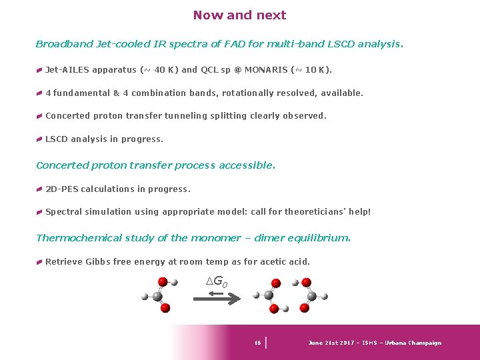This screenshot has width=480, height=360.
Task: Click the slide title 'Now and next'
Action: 239,15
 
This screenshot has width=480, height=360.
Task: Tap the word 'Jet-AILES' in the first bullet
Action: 69,70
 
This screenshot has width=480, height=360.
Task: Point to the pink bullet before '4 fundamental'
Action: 40,93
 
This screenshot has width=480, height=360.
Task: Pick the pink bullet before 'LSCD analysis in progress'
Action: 40,139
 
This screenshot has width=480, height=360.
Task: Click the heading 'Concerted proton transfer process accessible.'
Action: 155,165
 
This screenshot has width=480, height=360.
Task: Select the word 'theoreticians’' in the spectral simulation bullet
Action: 315,212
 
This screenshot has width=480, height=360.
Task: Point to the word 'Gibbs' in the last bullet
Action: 98,262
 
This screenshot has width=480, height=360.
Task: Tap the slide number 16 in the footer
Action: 257,343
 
